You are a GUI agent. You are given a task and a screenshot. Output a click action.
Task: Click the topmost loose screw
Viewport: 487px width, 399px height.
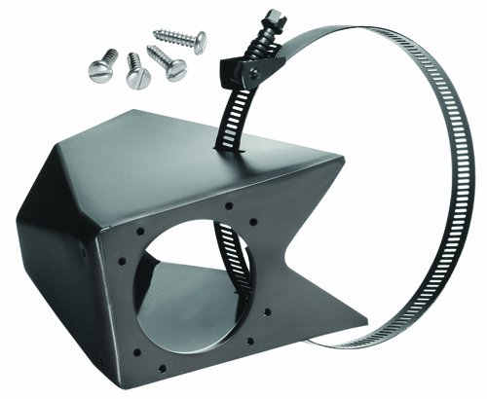pyautogui.click(x=181, y=40)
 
